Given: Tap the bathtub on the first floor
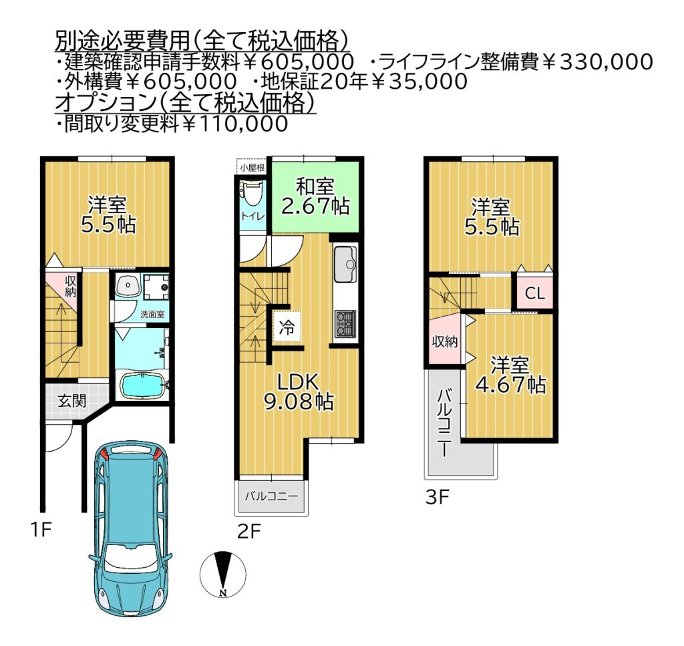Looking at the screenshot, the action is click(142, 385).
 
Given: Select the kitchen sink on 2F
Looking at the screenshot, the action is click(345, 265).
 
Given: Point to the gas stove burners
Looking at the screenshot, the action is click(345, 323).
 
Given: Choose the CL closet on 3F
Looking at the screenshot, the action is click(535, 293).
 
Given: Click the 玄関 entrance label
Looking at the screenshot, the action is click(72, 401).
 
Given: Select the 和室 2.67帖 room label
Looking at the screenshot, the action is click(315, 196).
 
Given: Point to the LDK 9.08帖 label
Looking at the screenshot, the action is click(299, 392).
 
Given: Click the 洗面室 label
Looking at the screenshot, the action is click(152, 314).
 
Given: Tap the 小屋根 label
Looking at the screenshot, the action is click(252, 168).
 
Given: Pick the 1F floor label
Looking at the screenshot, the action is click(41, 530).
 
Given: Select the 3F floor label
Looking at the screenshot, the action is click(438, 497).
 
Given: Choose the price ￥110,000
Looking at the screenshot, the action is click(234, 124).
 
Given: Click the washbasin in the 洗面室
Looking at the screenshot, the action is click(128, 286).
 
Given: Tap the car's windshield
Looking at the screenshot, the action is click(132, 558).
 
